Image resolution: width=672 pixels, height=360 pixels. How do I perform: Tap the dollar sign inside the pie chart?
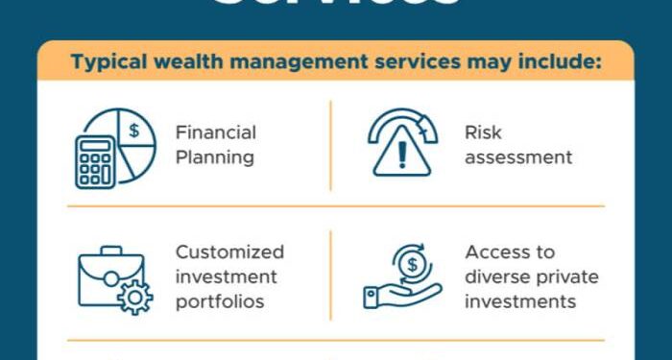point(134,129)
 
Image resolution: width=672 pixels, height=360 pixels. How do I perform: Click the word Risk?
point(483,132)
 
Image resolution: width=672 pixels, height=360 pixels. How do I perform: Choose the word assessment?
point(518,156)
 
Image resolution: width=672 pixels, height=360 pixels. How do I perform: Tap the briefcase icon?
point(108,278)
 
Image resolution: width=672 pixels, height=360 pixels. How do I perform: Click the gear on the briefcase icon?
point(133,299)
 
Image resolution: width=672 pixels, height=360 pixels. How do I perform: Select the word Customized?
point(229,252)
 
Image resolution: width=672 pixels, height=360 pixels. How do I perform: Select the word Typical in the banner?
point(106,64)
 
